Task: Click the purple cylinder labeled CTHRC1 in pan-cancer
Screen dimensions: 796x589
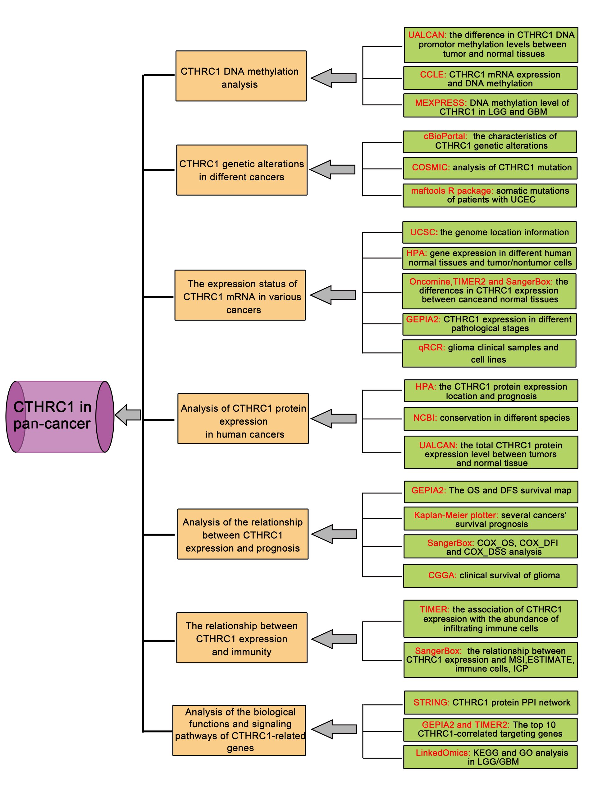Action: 60,416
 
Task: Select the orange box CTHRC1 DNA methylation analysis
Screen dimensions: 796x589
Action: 241,76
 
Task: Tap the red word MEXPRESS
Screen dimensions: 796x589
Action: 440,103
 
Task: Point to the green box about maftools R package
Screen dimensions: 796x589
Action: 490,195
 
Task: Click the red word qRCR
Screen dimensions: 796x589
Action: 431,348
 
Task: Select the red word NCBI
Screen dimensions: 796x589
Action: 425,418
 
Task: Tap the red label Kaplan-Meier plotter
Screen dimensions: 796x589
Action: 456,515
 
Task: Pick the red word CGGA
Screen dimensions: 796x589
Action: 442,575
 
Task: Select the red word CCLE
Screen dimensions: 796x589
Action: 433,75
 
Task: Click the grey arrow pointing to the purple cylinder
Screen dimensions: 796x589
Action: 128,415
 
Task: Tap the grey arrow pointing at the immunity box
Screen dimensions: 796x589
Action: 335,639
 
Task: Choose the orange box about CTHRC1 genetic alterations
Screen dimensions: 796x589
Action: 241,170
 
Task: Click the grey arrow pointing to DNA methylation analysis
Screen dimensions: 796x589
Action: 334,78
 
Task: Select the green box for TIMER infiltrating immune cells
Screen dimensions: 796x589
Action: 490,619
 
